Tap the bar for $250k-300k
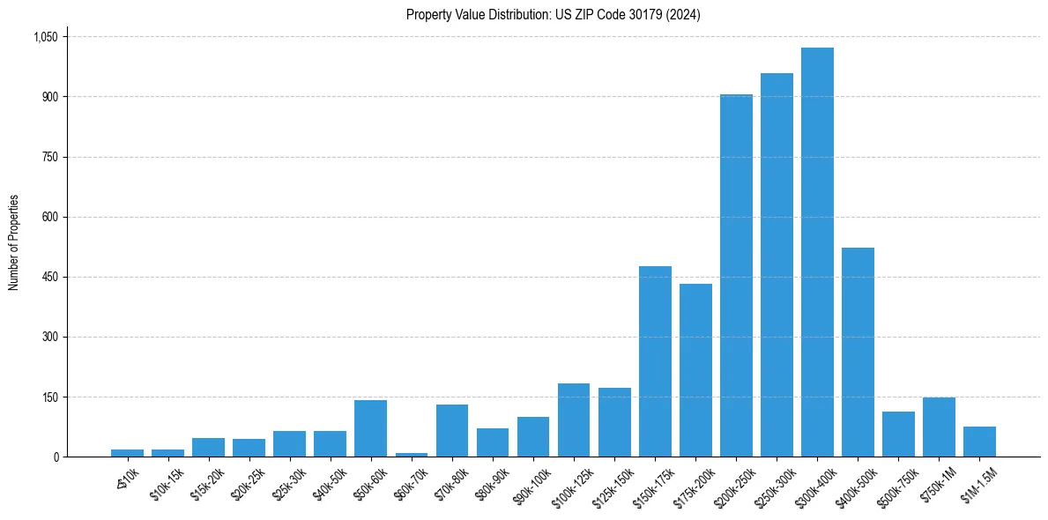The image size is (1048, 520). [x=777, y=264]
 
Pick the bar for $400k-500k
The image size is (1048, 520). [x=858, y=353]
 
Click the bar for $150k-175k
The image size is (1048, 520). [x=655, y=361]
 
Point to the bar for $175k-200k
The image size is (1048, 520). [x=695, y=370]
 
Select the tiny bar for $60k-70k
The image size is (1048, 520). [x=412, y=454]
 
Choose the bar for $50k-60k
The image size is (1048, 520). [x=371, y=428]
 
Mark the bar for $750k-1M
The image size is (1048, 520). [x=939, y=427]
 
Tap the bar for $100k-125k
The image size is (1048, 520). [x=574, y=420]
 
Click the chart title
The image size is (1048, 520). [x=553, y=15]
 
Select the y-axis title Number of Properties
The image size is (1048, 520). [x=14, y=242]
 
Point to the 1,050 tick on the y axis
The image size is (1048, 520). [x=45, y=37]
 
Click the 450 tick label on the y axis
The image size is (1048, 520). [x=49, y=277]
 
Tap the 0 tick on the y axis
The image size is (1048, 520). [x=56, y=457]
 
